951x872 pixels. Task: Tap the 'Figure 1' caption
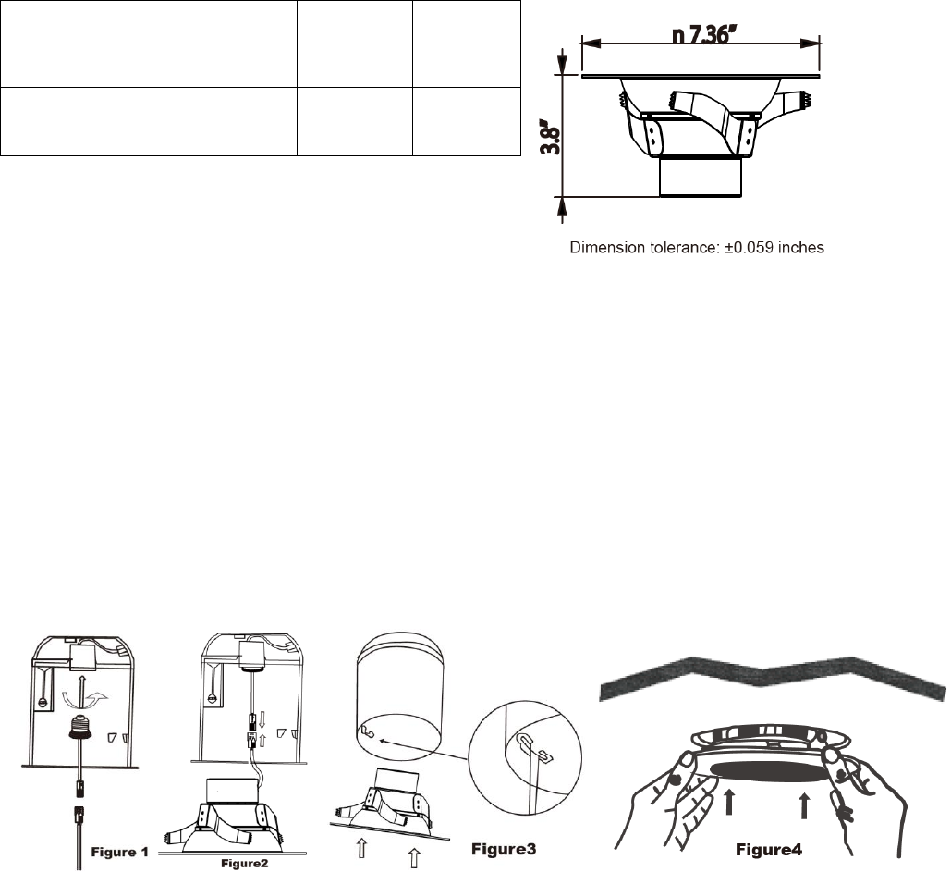(119, 852)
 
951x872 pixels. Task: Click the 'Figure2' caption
(244, 863)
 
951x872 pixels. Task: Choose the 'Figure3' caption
(504, 849)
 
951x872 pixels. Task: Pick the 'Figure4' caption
(768, 850)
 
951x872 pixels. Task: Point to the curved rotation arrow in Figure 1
(85, 701)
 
